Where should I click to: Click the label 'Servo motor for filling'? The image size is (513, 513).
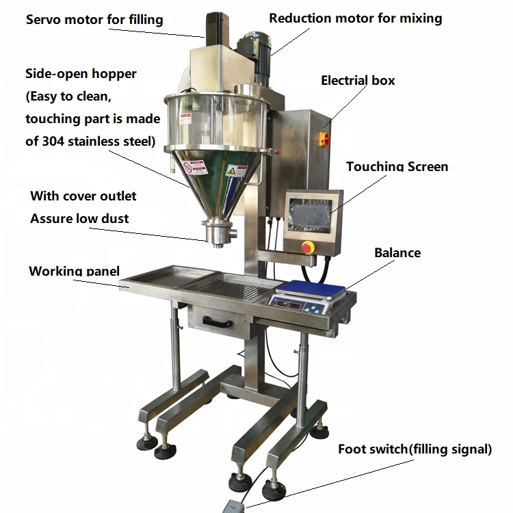(94, 19)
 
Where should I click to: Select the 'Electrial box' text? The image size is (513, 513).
(358, 81)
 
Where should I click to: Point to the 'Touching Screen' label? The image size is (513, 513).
(397, 166)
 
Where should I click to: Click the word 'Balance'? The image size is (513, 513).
(397, 252)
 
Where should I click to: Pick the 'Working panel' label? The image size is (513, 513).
(74, 271)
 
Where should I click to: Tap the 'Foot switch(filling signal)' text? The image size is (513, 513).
(415, 449)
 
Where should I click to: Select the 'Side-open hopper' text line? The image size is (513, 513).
(81, 73)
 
